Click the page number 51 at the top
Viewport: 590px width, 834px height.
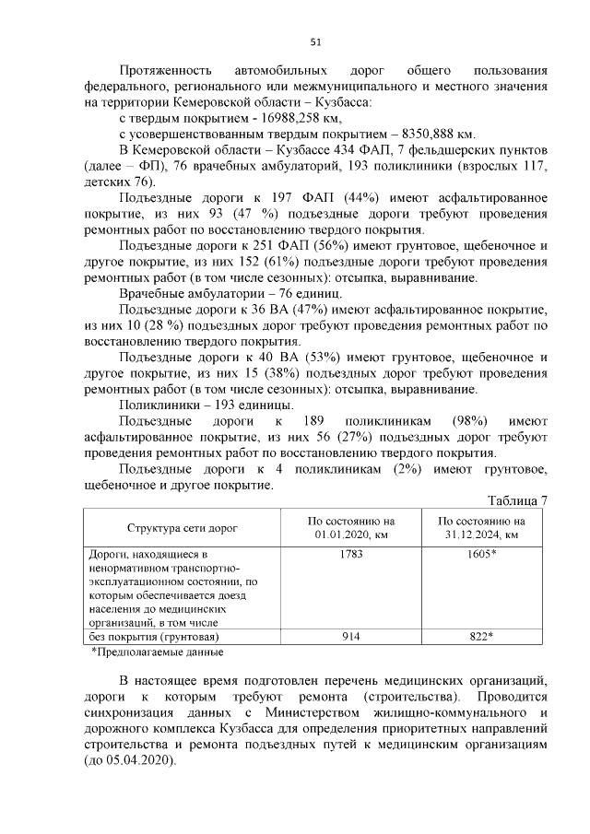tap(314, 41)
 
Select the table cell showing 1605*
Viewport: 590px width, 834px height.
tap(480, 555)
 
